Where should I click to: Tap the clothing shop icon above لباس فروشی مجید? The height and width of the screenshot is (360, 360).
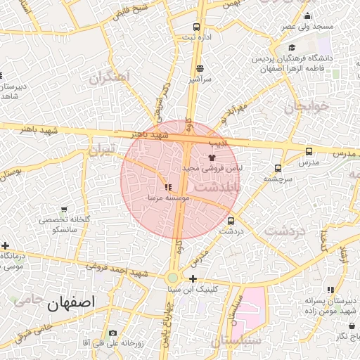coord(212,158)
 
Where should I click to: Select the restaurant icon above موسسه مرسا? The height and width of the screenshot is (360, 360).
coord(167,188)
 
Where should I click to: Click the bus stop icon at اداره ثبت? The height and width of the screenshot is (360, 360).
coord(196,27)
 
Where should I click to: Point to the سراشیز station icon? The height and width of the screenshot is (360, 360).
coord(200,68)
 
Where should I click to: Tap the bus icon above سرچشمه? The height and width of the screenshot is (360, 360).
coord(278,168)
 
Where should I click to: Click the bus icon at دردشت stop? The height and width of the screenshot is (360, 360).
coord(231,221)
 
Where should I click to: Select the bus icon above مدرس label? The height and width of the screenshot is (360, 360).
coord(309,151)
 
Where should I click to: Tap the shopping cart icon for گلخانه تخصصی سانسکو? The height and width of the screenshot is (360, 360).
coord(64,210)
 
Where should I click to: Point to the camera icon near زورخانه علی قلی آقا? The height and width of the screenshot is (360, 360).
coord(112,333)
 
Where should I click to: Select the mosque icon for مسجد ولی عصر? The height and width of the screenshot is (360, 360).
coord(306,16)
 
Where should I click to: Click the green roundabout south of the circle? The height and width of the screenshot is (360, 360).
coord(173,278)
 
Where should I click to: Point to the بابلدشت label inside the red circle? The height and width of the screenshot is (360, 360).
coord(217,188)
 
